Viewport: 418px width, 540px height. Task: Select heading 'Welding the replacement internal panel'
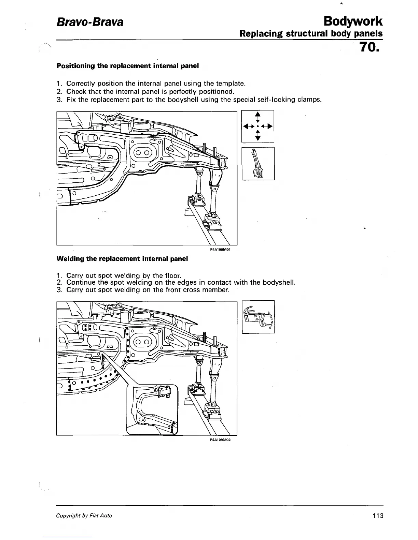pos(122,259)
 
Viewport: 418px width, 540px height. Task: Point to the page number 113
pos(378,515)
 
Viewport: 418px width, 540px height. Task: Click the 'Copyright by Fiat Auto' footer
pos(84,515)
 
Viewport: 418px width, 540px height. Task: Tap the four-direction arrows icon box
pos(258,126)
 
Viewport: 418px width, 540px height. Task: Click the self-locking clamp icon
pos(258,164)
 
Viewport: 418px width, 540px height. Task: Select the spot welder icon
pos(258,317)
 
